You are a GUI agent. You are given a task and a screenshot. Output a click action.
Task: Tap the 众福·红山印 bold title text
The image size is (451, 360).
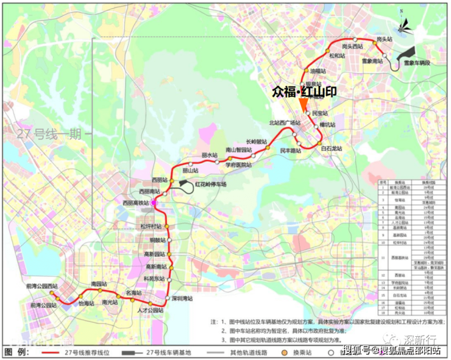[x=305, y=91]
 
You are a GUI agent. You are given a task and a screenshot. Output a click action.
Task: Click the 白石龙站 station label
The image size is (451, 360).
[x=331, y=149]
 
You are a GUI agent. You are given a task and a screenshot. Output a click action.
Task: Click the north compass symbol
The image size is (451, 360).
[x=403, y=23]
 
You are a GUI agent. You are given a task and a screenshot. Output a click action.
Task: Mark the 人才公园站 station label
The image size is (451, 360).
[x=151, y=310]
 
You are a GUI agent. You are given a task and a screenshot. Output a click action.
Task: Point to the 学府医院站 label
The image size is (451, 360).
[x=238, y=164]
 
